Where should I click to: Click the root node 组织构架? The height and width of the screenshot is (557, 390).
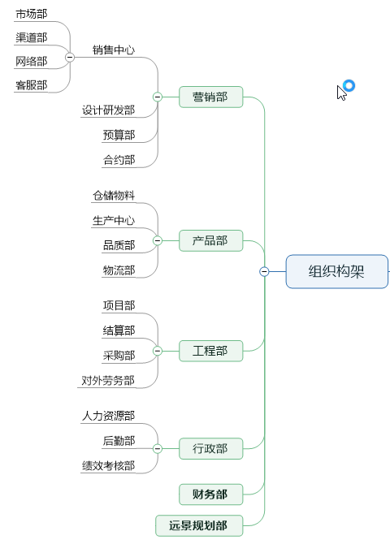(x=336, y=272)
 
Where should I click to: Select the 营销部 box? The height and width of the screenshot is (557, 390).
(x=210, y=97)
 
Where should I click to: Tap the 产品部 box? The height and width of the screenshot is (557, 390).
(x=210, y=240)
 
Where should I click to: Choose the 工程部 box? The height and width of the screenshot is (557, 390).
(x=210, y=352)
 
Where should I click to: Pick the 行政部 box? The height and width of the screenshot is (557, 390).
(x=210, y=448)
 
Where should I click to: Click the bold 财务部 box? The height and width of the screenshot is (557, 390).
(x=210, y=494)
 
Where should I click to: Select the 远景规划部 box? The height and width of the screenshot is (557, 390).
(x=199, y=525)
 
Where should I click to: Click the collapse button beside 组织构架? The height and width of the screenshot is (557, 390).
(x=264, y=272)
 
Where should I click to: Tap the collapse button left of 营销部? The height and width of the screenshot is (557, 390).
(x=158, y=97)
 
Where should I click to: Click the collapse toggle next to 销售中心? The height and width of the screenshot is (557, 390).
(x=70, y=57)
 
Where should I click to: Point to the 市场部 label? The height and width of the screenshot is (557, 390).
(x=31, y=14)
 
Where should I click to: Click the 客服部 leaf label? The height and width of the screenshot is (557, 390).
(x=31, y=84)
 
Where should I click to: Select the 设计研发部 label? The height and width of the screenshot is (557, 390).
(x=108, y=110)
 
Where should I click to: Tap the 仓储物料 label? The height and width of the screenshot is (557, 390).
(x=114, y=195)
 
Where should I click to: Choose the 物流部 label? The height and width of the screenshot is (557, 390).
(x=119, y=270)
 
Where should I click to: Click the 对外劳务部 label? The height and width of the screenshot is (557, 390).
(x=108, y=380)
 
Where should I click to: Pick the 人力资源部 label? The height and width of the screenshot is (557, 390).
(x=108, y=416)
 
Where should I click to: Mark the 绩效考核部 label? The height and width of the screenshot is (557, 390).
(x=108, y=466)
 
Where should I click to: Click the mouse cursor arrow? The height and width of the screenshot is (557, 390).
(x=341, y=92)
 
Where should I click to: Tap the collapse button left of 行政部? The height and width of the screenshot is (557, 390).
(x=158, y=448)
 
